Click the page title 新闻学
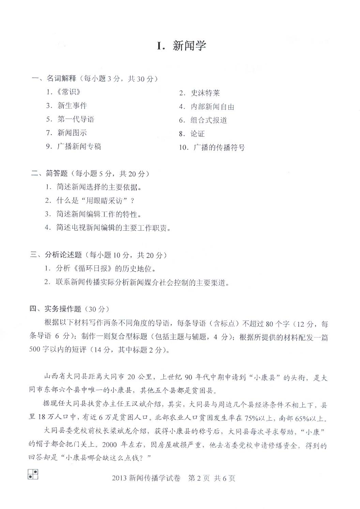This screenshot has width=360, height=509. point(190,46)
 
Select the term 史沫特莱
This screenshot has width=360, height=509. point(205,93)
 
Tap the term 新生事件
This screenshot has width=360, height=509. point(72,106)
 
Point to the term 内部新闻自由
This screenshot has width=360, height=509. point(212,107)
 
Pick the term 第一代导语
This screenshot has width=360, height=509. point(76,119)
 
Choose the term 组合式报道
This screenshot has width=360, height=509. point(208,120)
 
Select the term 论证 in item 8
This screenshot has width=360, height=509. point(197,134)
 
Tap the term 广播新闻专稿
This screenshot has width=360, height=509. point(79,146)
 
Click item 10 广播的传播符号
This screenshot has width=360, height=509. point(219,148)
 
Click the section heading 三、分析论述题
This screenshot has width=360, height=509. point(56,255)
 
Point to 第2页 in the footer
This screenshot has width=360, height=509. point(199,478)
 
